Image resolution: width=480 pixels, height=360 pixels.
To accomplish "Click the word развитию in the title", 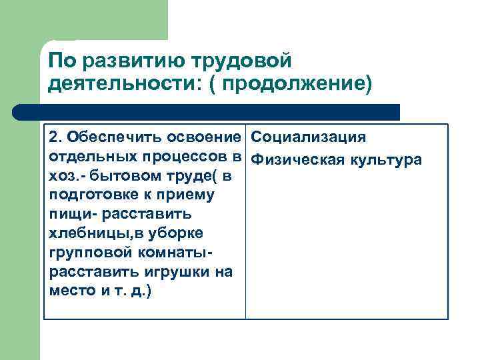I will click(123, 61).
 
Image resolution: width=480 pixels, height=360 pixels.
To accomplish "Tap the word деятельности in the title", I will click(126, 85).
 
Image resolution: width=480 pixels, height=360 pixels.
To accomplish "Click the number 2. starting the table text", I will click(55, 137).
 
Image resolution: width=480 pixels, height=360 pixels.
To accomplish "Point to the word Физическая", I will click(297, 160).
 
